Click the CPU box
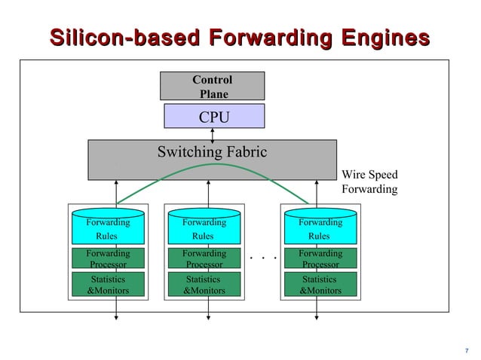pos(214,117)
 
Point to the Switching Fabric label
pos(212,152)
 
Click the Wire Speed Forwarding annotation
pos(369,182)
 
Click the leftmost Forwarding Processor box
pos(107,259)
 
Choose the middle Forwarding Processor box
pos(204,259)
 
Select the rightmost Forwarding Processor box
pos(320,259)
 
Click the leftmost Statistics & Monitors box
pos(107,285)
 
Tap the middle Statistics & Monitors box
pos(204,285)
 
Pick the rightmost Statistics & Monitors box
pos(320,285)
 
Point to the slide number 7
pos(467,349)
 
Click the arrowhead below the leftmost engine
pos(116,317)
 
